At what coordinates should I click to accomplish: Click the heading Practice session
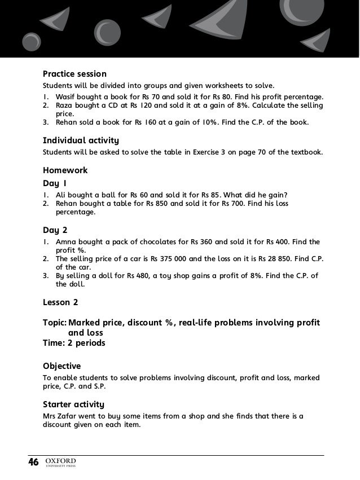click(74, 74)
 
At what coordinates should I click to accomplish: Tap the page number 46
click(34, 463)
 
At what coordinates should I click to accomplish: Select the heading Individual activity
click(81, 140)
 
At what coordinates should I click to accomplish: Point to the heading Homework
click(65, 170)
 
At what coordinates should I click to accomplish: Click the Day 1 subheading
click(55, 183)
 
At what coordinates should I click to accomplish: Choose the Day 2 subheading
click(55, 230)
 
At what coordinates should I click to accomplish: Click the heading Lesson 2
click(60, 302)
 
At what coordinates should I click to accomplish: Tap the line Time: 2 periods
click(74, 342)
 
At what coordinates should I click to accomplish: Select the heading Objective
click(62, 366)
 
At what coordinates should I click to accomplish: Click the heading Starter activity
click(73, 404)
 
